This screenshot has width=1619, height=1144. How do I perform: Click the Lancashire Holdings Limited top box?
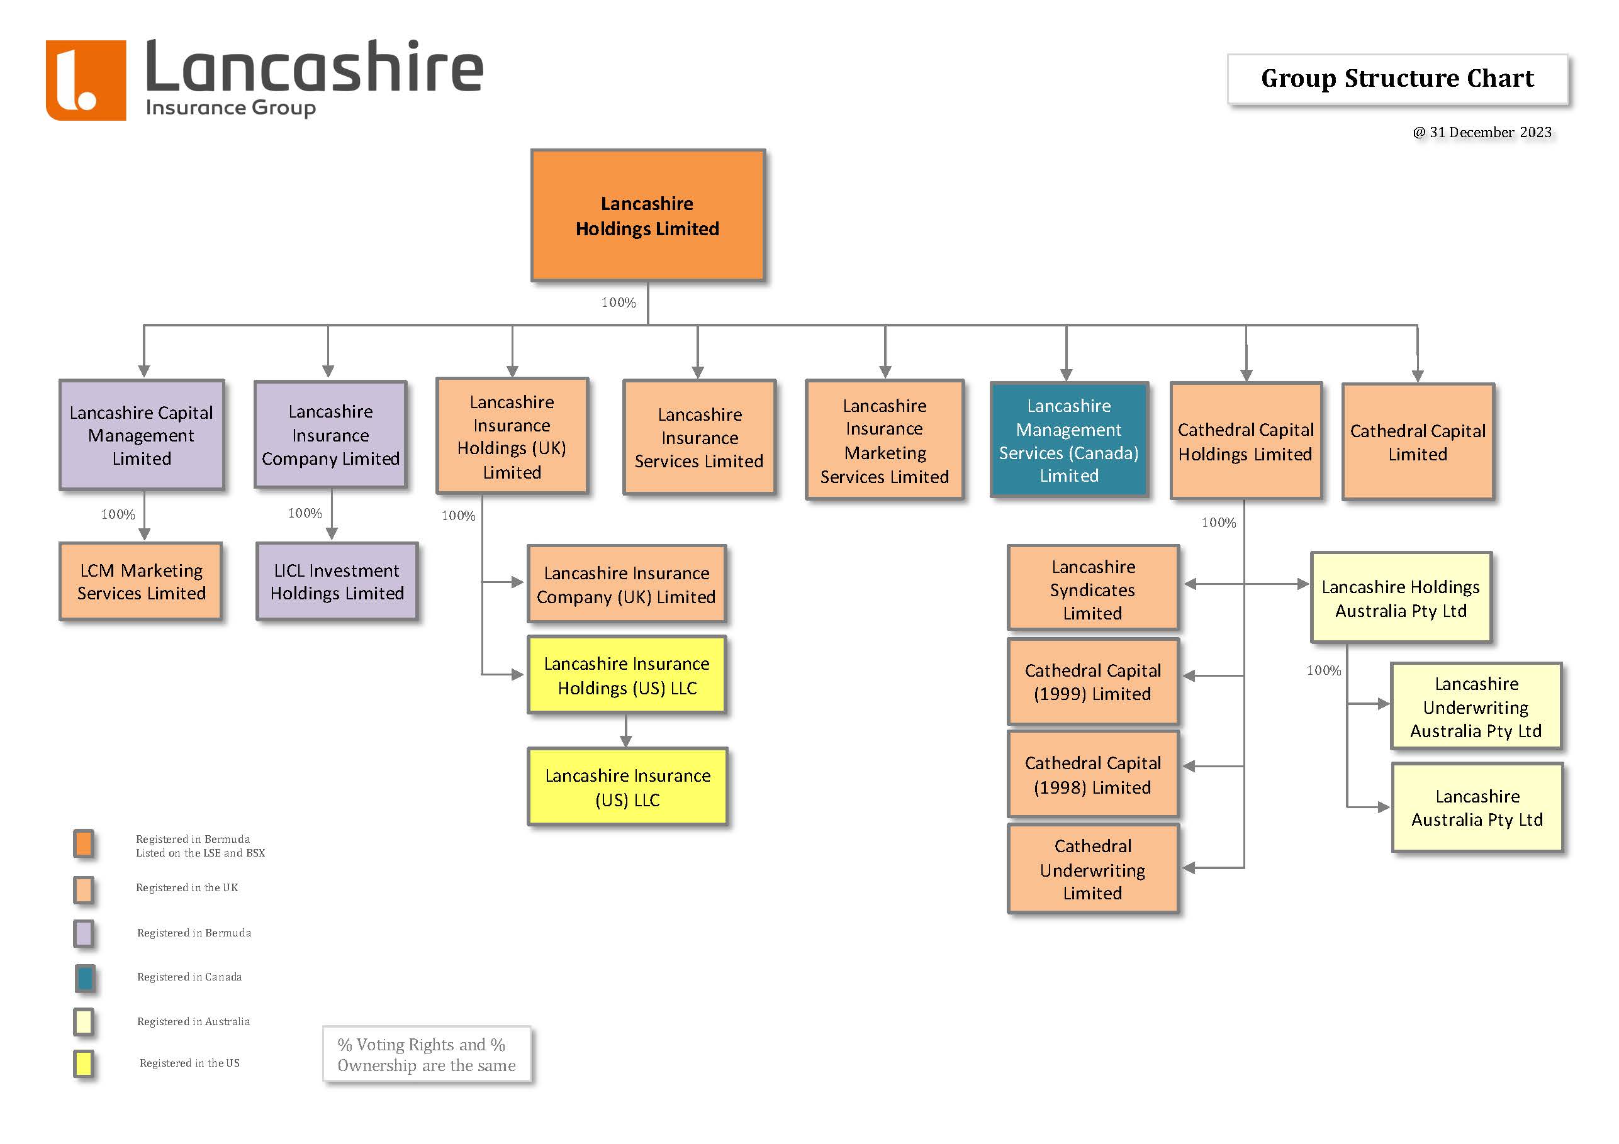647,216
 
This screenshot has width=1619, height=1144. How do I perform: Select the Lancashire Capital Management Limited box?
142,435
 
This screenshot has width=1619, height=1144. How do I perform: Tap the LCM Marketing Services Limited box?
141,582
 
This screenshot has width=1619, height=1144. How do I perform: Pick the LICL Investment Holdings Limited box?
337,582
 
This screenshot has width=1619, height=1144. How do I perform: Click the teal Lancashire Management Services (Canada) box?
1069,440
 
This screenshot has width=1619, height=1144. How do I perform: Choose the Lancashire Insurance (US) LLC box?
627,787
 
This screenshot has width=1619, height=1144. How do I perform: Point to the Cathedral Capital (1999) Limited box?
1092,682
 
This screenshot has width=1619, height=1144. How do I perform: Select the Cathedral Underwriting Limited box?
1092,869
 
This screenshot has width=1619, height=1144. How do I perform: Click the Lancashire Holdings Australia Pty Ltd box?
1401,597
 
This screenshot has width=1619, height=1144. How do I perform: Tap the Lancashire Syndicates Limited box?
1092,589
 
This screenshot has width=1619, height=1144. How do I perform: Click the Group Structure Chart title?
1397,78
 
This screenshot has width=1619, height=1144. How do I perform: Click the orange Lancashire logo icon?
86,80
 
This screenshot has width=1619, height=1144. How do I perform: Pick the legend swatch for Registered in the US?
84,1063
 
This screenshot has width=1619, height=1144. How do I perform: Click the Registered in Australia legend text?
193,1021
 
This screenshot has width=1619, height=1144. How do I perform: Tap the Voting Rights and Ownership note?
427,1055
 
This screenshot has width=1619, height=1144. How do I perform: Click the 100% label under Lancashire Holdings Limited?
619,303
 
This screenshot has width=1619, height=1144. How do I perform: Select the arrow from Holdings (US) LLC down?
626,731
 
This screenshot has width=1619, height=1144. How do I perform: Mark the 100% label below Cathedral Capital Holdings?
1218,522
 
